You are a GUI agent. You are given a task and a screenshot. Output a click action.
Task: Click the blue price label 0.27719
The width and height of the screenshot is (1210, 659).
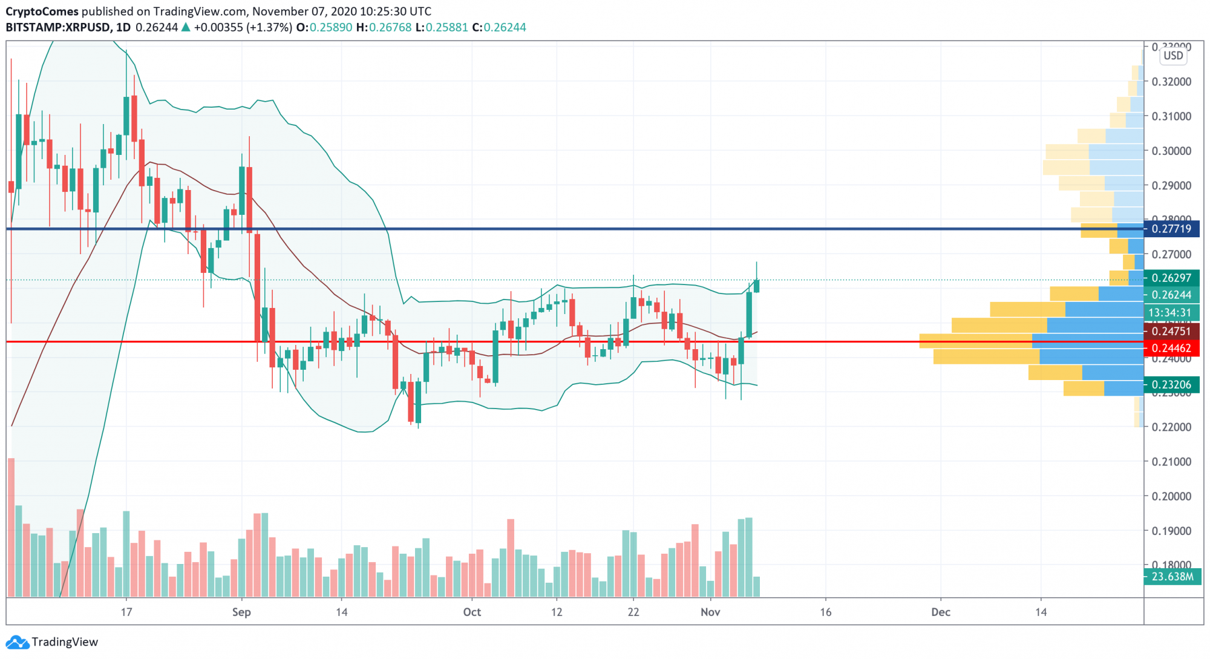point(1171,229)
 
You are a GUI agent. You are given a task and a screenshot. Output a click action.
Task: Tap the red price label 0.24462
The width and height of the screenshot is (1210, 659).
point(1171,348)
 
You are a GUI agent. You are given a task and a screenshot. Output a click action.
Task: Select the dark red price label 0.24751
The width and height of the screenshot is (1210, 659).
point(1171,331)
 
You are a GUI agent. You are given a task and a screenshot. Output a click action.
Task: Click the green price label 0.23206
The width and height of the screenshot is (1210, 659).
point(1171,384)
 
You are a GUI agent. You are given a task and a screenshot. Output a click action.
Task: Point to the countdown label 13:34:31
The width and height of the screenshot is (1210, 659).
point(1170,313)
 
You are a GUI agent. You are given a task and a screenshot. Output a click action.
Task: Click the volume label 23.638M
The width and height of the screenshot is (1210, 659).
point(1172,577)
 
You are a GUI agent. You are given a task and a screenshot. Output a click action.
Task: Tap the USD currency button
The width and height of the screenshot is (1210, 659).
point(1173,56)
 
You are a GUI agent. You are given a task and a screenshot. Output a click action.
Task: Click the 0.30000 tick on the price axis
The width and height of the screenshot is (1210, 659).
point(1172,151)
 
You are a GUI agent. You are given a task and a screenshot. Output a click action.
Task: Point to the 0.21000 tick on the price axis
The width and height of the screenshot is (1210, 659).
point(1172,462)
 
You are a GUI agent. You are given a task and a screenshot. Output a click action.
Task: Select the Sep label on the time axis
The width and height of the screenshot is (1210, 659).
point(241,612)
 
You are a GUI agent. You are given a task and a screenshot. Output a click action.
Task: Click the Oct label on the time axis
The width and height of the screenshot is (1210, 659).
point(472,612)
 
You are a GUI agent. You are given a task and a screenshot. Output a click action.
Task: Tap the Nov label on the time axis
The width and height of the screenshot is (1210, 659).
point(710,612)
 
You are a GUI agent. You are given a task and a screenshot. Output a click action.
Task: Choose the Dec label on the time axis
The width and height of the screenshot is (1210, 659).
point(941,612)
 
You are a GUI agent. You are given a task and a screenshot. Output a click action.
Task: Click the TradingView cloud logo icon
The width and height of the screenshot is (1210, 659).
point(17,642)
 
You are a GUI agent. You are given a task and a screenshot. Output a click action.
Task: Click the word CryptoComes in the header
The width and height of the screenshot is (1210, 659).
point(42,11)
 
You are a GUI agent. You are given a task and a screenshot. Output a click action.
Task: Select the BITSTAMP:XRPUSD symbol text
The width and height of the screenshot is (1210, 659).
point(58,27)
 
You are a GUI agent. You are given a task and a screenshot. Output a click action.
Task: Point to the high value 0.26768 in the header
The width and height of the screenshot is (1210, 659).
point(390,27)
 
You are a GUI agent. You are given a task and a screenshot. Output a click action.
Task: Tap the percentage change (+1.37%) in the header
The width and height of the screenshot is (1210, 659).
point(269,27)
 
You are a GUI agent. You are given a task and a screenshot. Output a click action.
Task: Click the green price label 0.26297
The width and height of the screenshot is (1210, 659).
point(1171,278)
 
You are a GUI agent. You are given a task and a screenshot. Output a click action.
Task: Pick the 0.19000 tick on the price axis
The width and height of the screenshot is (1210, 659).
point(1172,531)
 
